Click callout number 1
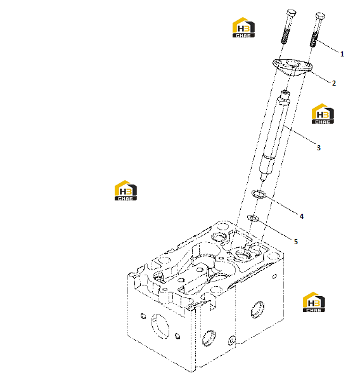tap(342, 54)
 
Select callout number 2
tap(334, 83)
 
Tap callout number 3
tap(319, 148)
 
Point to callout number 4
tap(302, 216)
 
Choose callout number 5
tap(296, 242)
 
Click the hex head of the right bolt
tap(320, 16)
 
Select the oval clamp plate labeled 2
tap(292, 67)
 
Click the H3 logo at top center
tap(243, 27)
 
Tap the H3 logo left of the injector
tap(125, 190)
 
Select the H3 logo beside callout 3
tap(323, 114)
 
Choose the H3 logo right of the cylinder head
tap(314, 302)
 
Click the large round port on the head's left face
tap(160, 326)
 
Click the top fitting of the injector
tap(285, 95)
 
